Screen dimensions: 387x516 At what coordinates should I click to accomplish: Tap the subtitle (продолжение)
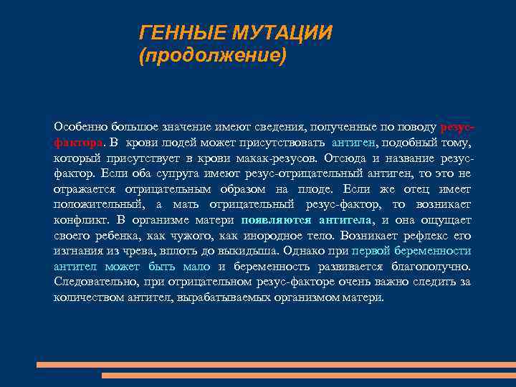tap(212, 56)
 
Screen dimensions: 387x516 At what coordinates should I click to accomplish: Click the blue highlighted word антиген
tap(356, 143)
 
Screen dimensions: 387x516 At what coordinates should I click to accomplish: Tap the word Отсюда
tap(347, 158)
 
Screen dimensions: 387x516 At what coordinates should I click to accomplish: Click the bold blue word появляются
tap(276, 220)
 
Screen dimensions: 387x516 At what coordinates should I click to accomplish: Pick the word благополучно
tap(431, 266)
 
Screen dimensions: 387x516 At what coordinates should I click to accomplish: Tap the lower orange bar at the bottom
tap(308, 375)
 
